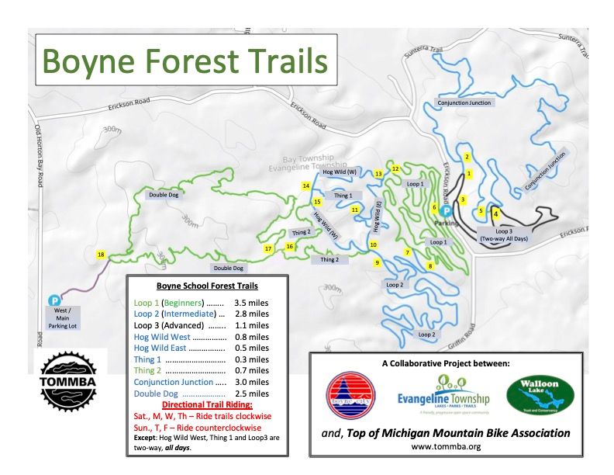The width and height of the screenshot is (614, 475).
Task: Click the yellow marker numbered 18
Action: coord(101,254)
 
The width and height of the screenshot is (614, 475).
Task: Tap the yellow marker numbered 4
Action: coord(496,214)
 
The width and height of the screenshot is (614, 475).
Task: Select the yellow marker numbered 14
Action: coord(306,186)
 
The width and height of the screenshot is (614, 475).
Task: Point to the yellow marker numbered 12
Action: coord(395,168)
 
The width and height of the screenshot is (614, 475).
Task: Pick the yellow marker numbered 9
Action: coord(378,263)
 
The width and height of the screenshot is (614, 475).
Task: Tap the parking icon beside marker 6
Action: coord(447,210)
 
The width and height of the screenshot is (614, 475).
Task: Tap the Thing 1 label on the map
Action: coord(343,196)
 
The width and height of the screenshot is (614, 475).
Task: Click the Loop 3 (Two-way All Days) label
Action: coord(504,235)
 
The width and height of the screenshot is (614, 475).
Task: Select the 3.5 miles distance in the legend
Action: coord(253,303)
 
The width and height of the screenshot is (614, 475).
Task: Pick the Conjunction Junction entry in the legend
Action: coord(183,382)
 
